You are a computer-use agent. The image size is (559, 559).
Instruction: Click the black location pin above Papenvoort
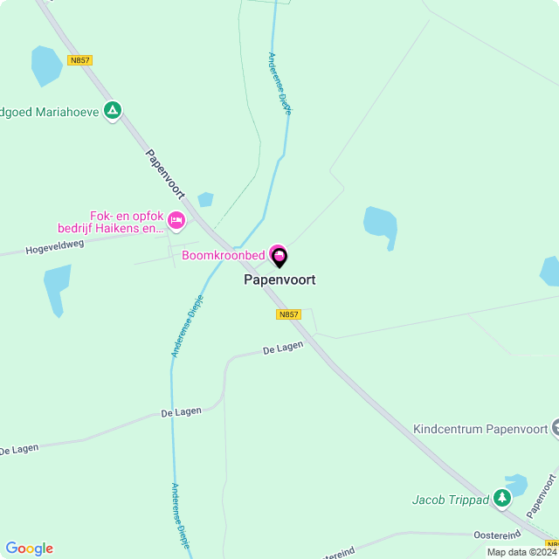[x=279, y=257]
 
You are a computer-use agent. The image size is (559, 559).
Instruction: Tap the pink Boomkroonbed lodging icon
[x=276, y=252]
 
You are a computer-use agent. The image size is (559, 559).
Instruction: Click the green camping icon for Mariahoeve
[x=112, y=111]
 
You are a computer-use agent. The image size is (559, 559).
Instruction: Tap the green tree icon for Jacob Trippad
[x=501, y=499]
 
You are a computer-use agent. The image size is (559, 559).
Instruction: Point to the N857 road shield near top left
[x=79, y=60]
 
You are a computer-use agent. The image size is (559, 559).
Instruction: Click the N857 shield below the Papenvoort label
[x=288, y=314]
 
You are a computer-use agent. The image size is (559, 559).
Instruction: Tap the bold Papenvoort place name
[x=279, y=280]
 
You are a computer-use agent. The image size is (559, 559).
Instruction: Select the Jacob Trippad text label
[x=451, y=500]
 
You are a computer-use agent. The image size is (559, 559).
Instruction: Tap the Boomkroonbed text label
[x=223, y=256]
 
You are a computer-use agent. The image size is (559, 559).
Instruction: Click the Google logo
[x=29, y=549]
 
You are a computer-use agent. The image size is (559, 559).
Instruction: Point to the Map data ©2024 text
[x=521, y=552]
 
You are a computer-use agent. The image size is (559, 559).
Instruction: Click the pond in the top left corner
[x=45, y=66]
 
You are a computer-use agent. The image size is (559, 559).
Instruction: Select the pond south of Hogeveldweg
[x=57, y=286]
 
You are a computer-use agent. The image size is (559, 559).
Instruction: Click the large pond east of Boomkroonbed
[x=381, y=224]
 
